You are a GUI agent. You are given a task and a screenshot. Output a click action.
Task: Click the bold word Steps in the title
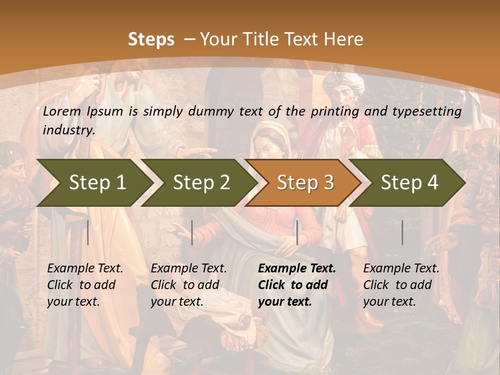click(151, 40)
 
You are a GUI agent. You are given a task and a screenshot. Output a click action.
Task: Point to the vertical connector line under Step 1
click(88, 232)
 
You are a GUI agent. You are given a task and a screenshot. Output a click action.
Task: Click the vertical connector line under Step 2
click(192, 232)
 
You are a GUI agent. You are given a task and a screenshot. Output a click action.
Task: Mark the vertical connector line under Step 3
click(297, 232)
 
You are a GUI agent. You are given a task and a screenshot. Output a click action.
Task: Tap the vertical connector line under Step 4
click(403, 232)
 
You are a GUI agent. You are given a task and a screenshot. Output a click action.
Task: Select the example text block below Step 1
click(84, 285)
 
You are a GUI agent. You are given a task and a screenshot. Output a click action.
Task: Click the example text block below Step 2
click(188, 285)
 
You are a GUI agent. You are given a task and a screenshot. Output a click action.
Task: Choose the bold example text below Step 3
click(296, 285)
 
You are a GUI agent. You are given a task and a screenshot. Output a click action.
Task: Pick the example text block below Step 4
click(401, 285)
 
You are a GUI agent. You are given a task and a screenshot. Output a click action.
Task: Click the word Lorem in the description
click(61, 111)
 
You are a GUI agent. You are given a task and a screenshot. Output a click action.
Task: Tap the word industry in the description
click(68, 130)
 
